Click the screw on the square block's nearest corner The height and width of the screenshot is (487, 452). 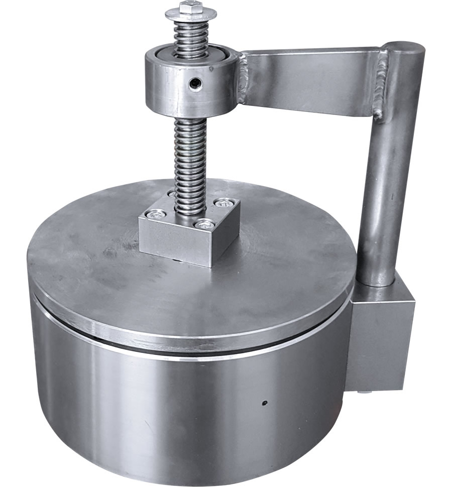coord(203,224)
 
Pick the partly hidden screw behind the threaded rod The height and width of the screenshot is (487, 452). coord(172,194)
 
